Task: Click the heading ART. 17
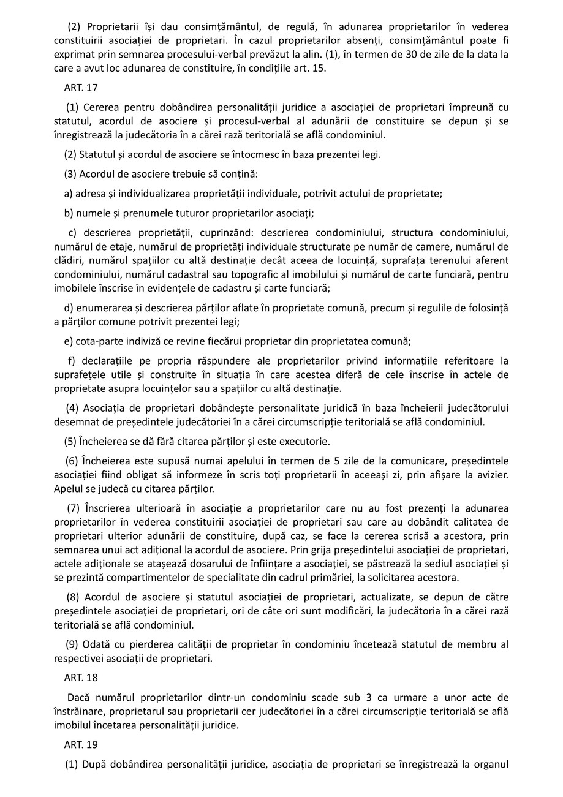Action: tap(80, 88)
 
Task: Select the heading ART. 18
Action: tap(80, 678)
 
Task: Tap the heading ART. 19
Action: tap(80, 745)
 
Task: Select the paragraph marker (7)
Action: tap(73, 508)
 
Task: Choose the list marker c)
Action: tap(72, 233)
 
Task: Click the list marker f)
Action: tap(72, 361)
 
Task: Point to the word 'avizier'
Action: tap(491, 475)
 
